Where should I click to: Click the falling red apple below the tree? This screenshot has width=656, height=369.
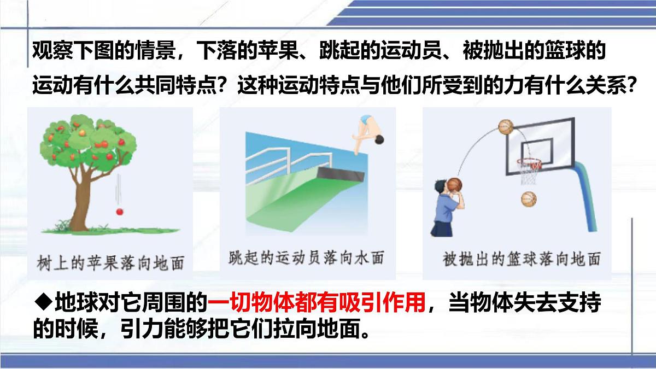119,211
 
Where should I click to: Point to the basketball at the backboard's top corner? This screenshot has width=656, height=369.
506,127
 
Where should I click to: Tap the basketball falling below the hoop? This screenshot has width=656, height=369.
529,199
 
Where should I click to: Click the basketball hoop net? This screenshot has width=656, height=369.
529,171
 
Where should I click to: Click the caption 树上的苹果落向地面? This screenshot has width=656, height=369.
112,261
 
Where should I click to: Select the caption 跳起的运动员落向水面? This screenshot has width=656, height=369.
306,257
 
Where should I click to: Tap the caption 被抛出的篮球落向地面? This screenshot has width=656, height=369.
522,259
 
